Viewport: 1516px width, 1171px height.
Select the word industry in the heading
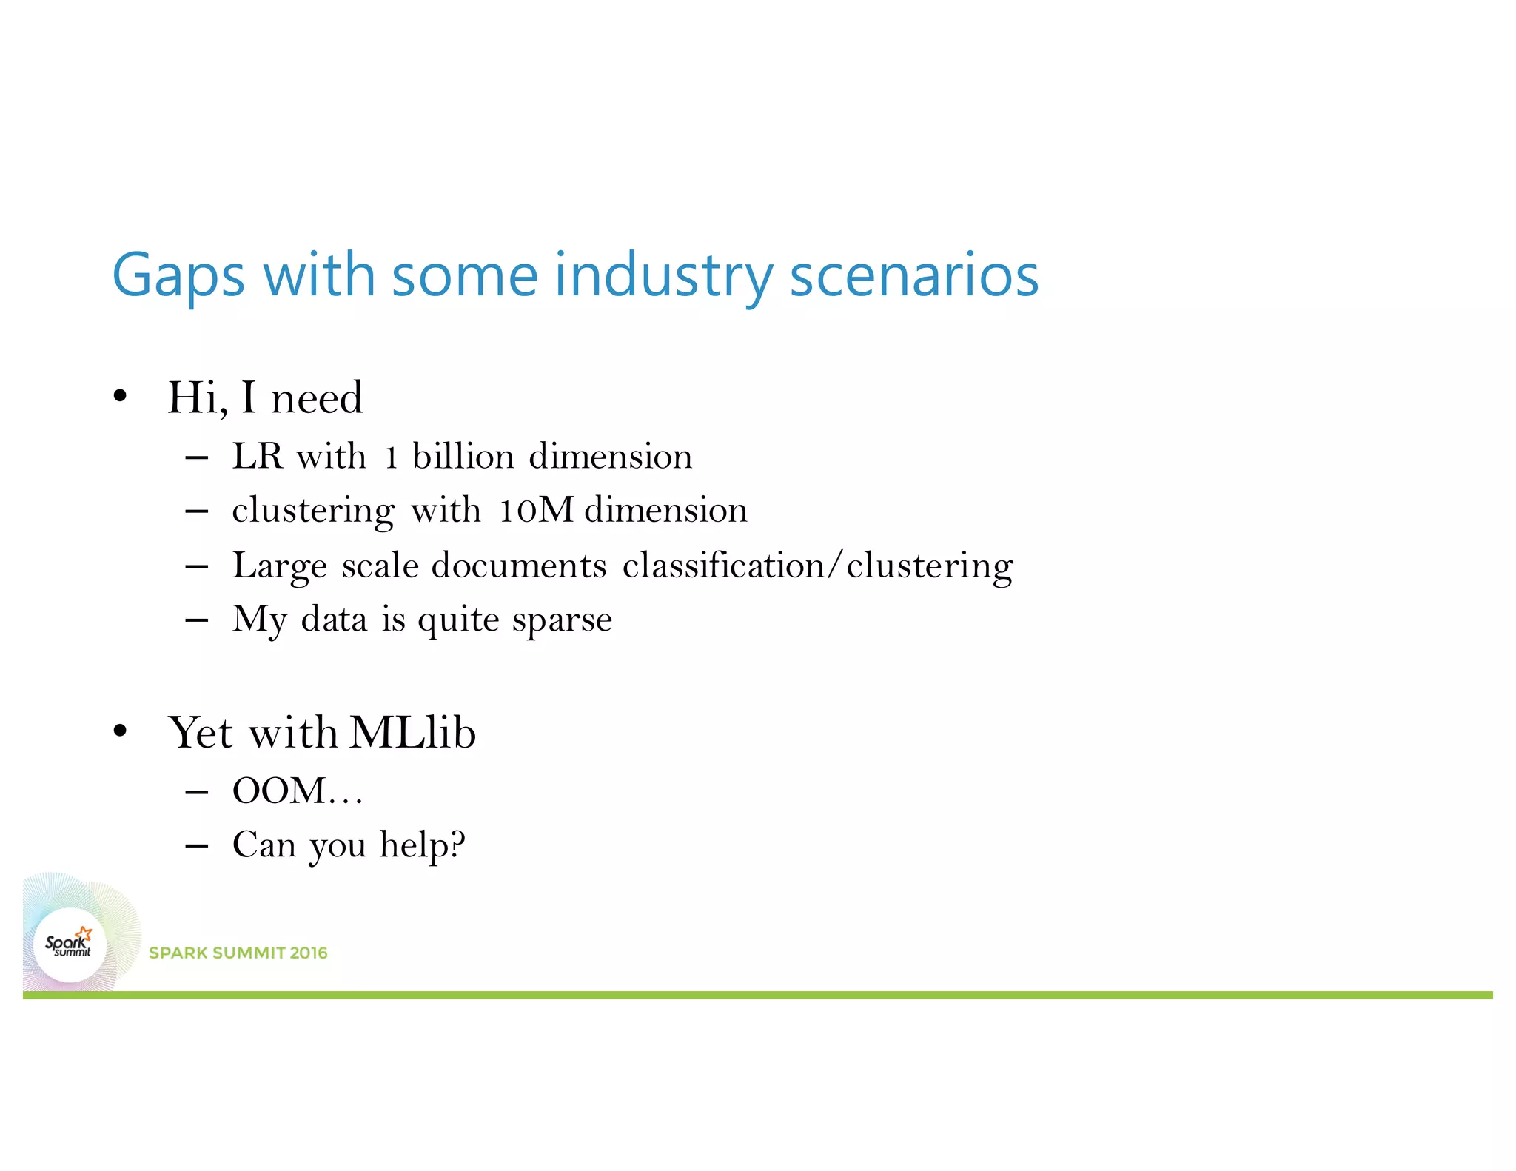click(x=663, y=275)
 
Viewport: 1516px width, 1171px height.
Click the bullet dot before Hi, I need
click(x=121, y=397)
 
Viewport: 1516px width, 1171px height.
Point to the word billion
click(x=463, y=456)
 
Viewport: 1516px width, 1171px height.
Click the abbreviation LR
click(x=258, y=456)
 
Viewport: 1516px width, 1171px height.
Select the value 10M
click(x=536, y=510)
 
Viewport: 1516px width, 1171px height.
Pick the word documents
click(x=519, y=566)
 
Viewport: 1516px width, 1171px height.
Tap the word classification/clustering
click(x=818, y=566)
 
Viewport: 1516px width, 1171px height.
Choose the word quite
click(x=458, y=620)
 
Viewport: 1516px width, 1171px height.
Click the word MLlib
click(x=412, y=732)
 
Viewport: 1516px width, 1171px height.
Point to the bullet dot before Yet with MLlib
click(x=121, y=732)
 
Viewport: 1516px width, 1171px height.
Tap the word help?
click(x=423, y=845)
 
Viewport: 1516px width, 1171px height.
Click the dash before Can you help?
click(x=196, y=845)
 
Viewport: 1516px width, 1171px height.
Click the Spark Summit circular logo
click(x=70, y=945)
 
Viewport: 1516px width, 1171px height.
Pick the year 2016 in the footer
click(x=309, y=953)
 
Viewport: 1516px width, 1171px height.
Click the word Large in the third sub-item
click(x=279, y=566)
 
